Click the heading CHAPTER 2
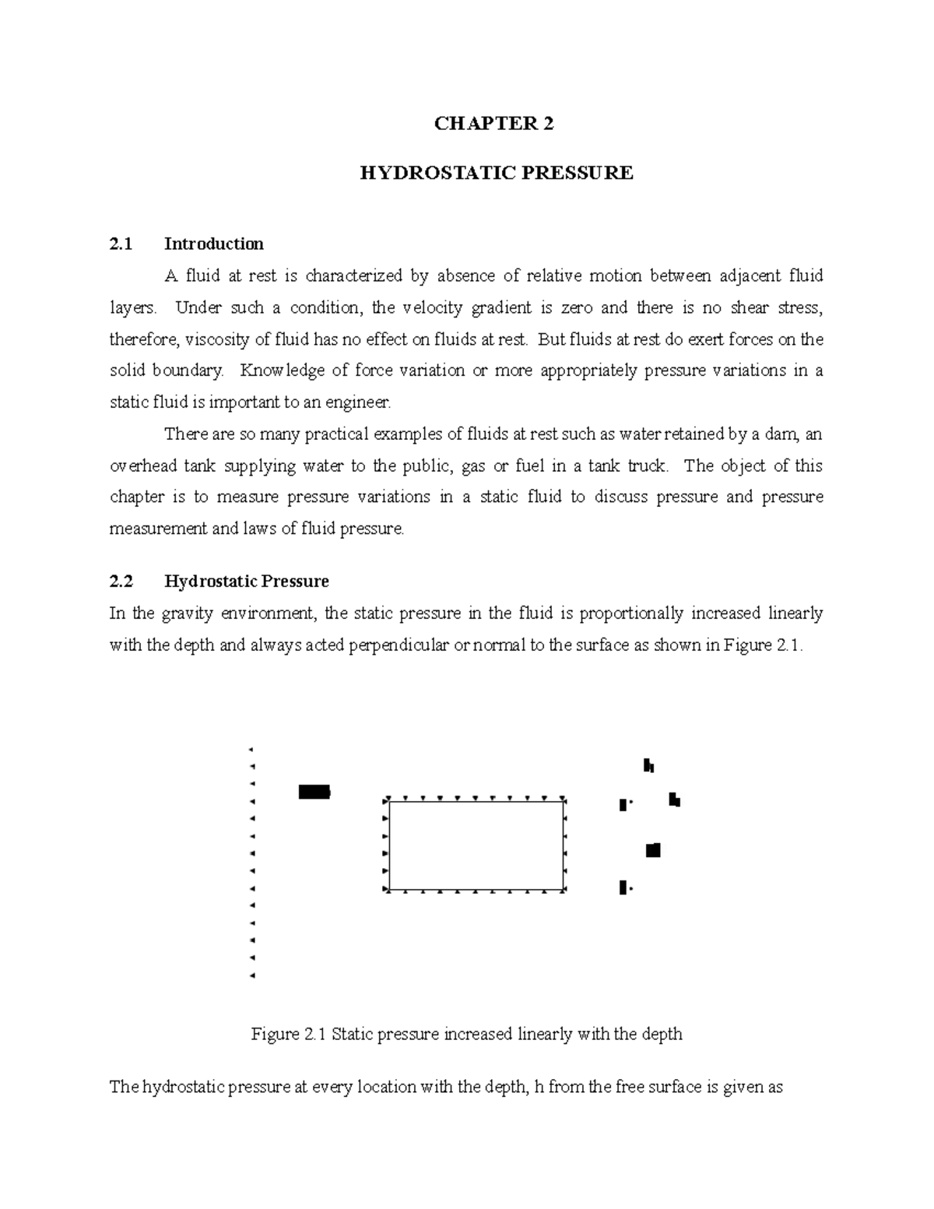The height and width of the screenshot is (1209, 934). (x=494, y=124)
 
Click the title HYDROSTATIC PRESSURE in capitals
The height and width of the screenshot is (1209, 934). (x=496, y=173)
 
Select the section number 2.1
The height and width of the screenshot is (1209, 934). (x=121, y=244)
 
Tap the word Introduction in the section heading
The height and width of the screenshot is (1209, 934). (x=213, y=244)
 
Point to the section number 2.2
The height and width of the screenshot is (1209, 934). (x=121, y=582)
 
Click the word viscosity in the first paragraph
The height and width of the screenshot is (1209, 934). (x=219, y=339)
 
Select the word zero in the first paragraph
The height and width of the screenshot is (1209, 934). (x=578, y=308)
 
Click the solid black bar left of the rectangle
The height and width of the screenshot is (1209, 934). (x=314, y=793)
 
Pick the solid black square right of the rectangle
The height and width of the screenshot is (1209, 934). (x=653, y=850)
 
